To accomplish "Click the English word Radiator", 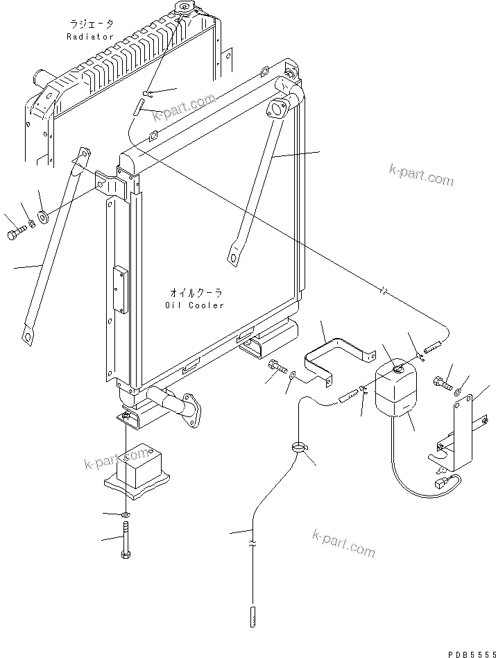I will coord(90,37).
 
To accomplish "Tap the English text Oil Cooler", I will coord(196,305).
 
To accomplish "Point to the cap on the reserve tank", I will coord(397,369).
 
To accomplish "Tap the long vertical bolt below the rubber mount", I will coord(126,541).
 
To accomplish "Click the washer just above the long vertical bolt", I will coord(125,514).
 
